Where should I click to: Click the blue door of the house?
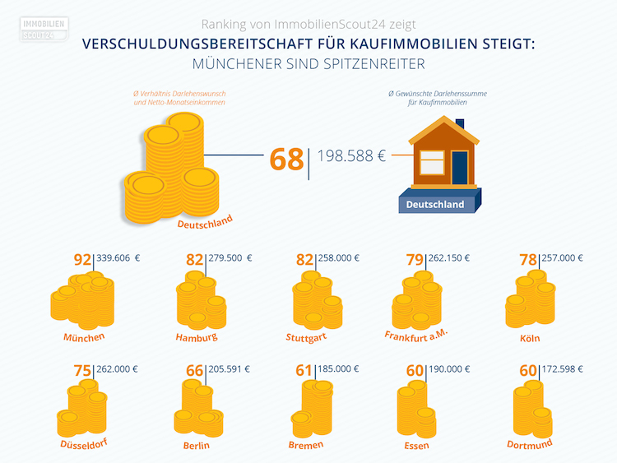click(x=459, y=167)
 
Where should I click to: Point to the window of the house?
click(x=432, y=162)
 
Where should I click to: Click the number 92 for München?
click(x=82, y=260)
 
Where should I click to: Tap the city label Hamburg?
click(x=197, y=337)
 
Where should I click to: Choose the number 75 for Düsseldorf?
click(x=82, y=371)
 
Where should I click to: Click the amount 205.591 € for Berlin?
click(x=230, y=369)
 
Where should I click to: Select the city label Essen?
click(x=417, y=446)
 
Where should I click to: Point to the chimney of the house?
click(x=459, y=124)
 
